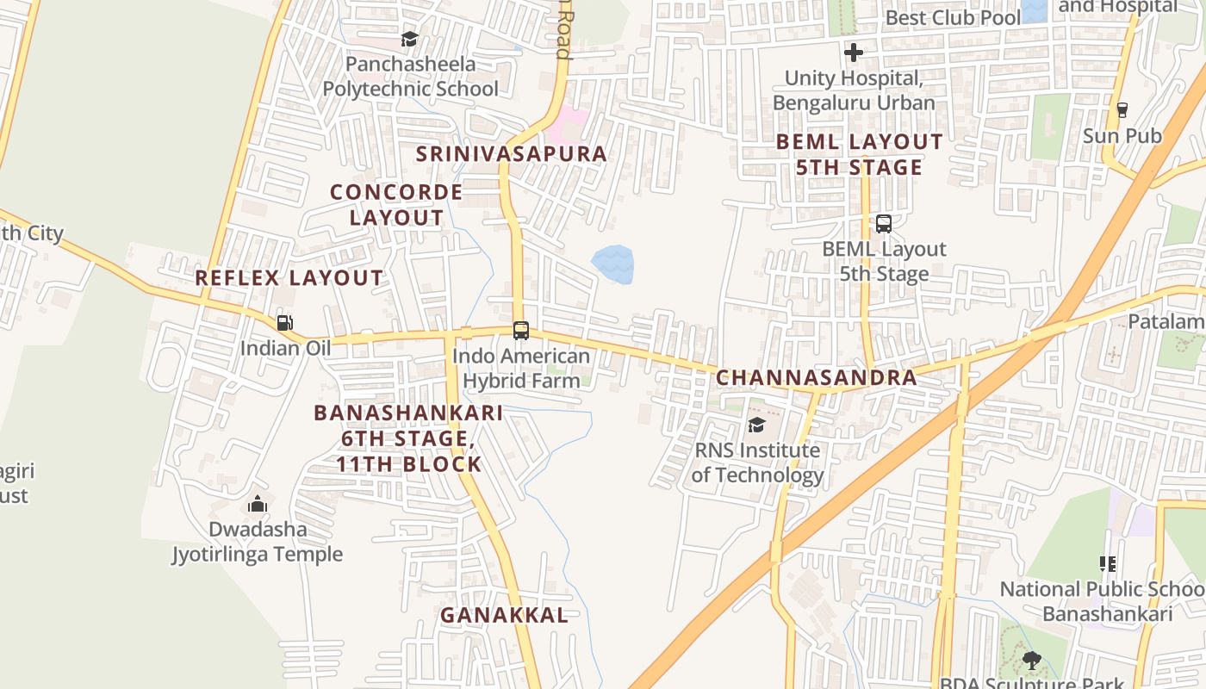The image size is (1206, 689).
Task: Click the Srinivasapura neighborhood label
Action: tap(512, 154)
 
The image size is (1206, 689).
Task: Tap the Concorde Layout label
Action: tap(396, 204)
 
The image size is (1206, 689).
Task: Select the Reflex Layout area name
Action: tap(289, 278)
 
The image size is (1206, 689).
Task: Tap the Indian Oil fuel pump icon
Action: tap(284, 323)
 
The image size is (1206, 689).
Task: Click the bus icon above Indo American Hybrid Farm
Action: tap(520, 330)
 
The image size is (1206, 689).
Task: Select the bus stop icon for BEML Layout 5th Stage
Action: tap(883, 224)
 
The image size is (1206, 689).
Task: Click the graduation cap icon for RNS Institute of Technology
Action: tap(756, 425)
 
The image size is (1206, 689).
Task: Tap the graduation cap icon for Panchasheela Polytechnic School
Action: tap(409, 39)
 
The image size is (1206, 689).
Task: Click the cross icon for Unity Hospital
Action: tap(853, 53)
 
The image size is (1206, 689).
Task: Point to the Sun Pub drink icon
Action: tap(1122, 110)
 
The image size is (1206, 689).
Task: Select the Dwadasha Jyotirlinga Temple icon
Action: tap(258, 504)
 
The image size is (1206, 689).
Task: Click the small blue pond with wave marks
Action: tap(613, 264)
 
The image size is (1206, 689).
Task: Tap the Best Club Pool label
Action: tap(953, 17)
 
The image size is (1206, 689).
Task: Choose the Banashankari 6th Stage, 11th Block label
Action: tap(408, 438)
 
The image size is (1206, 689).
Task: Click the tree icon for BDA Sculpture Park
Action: tap(1031, 661)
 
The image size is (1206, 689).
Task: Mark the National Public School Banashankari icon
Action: tap(1107, 564)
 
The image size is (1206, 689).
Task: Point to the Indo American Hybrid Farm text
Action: tap(521, 368)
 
